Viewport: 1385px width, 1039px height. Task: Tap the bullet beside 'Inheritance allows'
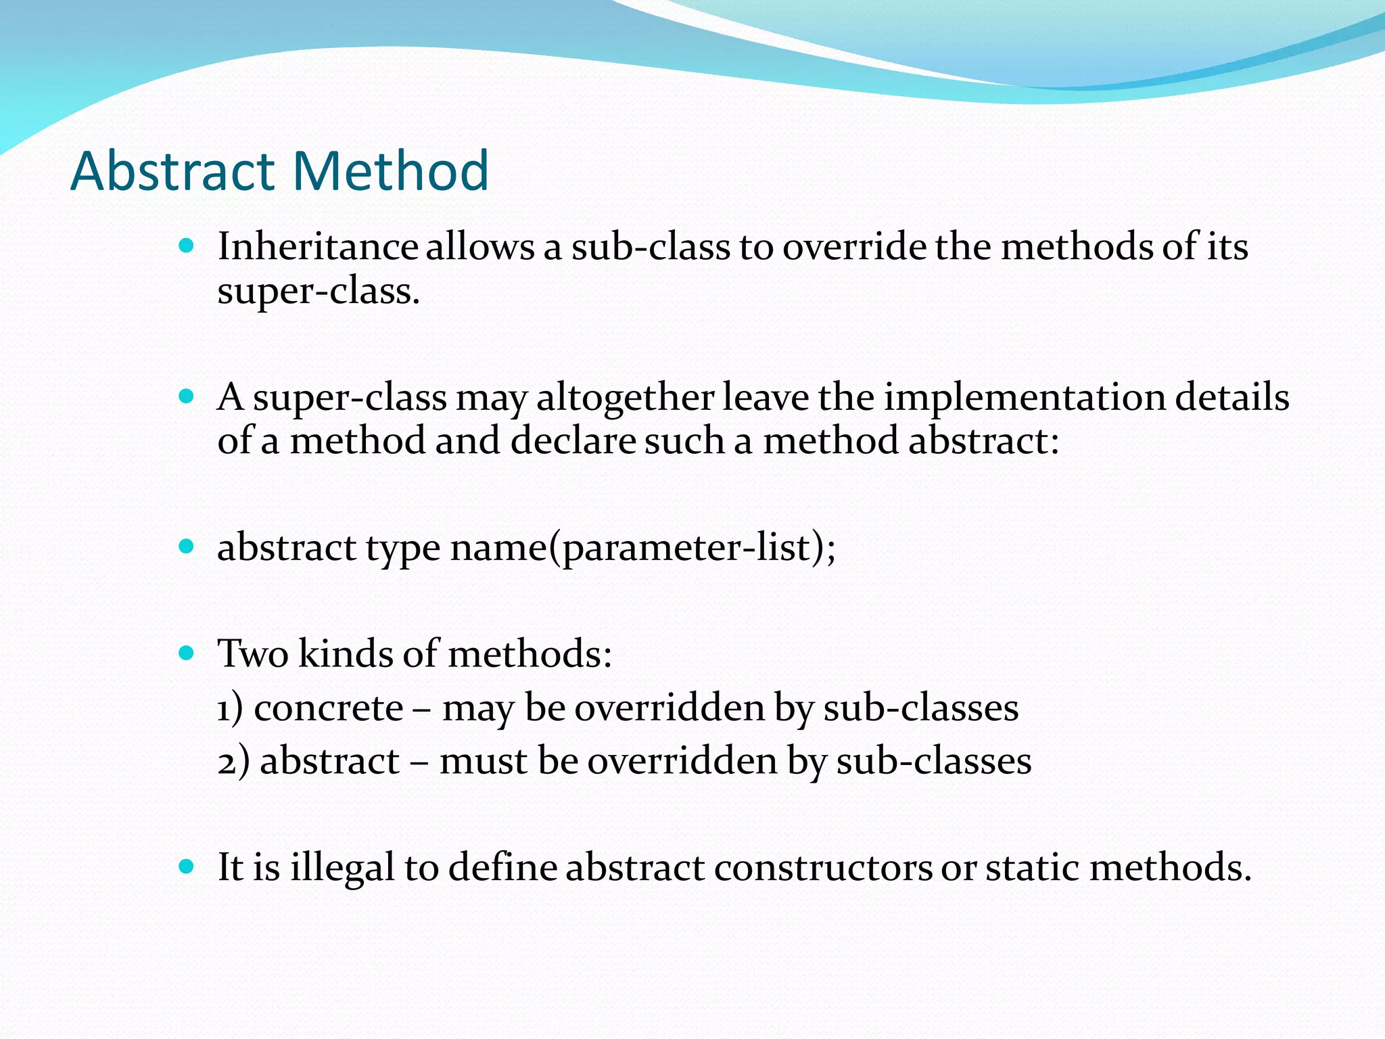coord(187,245)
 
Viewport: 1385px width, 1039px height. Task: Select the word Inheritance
coord(317,246)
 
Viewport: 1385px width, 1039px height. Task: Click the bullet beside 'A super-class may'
coord(187,396)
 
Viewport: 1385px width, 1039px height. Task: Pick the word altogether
coord(626,398)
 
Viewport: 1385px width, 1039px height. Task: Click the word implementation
coord(1025,398)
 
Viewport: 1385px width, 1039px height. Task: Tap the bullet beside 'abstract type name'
coord(187,546)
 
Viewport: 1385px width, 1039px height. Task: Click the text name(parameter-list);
coord(643,548)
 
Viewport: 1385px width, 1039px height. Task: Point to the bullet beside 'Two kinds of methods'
coord(187,653)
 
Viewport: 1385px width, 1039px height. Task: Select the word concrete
coord(329,709)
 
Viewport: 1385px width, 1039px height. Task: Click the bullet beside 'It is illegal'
coord(187,866)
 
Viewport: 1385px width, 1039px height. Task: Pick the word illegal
coord(342,869)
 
